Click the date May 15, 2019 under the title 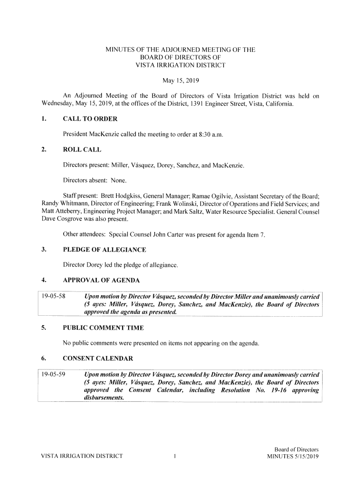pos(180,81)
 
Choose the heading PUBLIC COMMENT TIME pos(103,328)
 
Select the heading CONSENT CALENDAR pos(98,359)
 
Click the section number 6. pos(43,359)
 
